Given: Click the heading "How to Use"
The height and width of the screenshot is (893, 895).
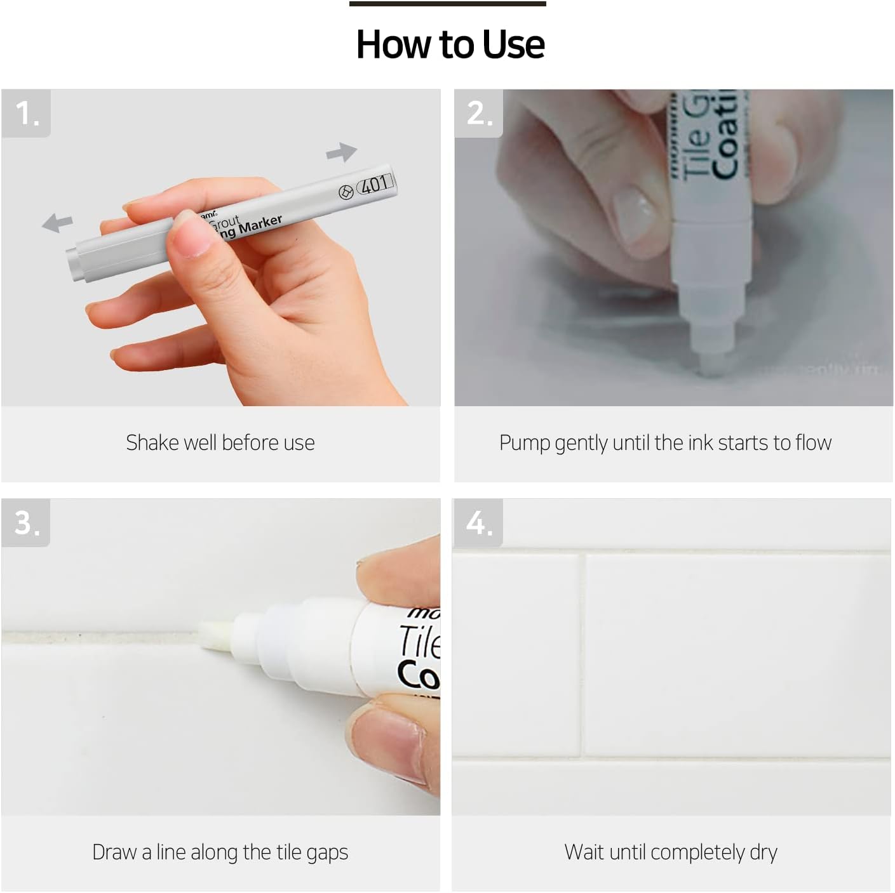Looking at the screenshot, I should pyautogui.click(x=450, y=44).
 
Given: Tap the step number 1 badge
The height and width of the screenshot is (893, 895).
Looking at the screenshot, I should pyautogui.click(x=26, y=114).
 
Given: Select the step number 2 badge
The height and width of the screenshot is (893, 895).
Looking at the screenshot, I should pyautogui.click(x=479, y=114).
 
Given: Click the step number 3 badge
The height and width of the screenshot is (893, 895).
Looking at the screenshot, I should pyautogui.click(x=26, y=523).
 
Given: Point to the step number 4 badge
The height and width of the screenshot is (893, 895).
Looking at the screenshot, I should pyautogui.click(x=478, y=523).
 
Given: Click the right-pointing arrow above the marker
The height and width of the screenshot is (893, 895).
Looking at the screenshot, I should pyautogui.click(x=342, y=152).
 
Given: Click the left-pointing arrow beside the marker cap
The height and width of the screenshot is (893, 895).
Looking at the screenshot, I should pyautogui.click(x=57, y=223).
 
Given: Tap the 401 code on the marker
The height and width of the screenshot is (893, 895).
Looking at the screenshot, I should pyautogui.click(x=375, y=185).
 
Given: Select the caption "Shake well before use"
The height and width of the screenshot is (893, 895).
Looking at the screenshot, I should pyautogui.click(x=220, y=442).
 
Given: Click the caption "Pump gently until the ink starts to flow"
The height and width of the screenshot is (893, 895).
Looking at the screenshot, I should pyautogui.click(x=665, y=442).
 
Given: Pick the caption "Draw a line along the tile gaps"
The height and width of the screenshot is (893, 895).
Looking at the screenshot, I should pyautogui.click(x=220, y=852).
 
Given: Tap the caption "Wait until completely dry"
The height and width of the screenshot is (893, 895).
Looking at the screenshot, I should pyautogui.click(x=671, y=852).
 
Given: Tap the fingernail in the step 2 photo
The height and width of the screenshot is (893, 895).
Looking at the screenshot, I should pyautogui.click(x=633, y=212).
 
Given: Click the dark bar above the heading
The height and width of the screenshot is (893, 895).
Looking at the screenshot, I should pyautogui.click(x=447, y=4).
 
